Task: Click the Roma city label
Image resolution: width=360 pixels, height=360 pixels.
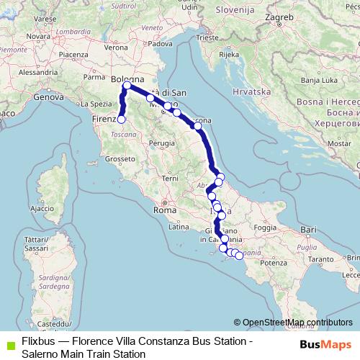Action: point(161,211)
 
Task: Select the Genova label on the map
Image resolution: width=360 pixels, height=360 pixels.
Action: point(48,96)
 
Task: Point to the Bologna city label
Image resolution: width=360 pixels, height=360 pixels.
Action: point(128,78)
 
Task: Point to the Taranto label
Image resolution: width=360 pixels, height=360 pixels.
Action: point(321,257)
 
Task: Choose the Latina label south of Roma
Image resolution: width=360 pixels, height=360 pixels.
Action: point(178,227)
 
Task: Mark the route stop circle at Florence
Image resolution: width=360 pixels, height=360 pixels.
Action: point(122,120)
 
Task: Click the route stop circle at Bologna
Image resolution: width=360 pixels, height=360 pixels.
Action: point(127,86)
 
